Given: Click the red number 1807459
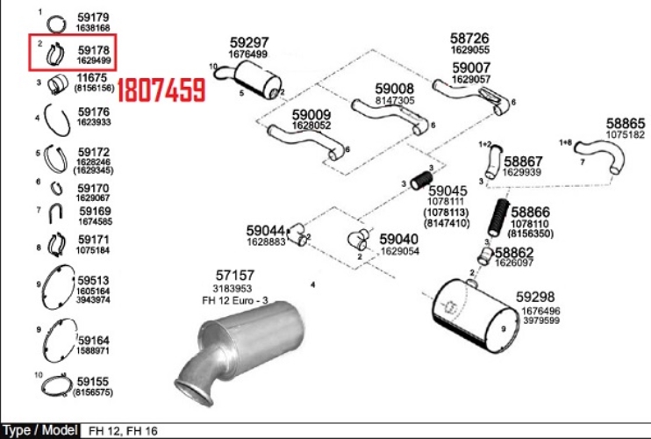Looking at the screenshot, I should (161, 89).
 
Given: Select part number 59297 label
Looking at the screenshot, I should (249, 42).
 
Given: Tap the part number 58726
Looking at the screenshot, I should (469, 39).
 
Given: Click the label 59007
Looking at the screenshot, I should (471, 68).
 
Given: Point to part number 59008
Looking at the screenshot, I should (395, 89).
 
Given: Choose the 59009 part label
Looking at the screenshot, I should (311, 114).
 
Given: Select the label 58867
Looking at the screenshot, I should (523, 162).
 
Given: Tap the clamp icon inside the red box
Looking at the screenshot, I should (55, 54).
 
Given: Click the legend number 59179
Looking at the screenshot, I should (93, 17).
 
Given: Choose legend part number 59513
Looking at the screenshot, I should (93, 280).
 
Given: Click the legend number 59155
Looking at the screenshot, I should (93, 382).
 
